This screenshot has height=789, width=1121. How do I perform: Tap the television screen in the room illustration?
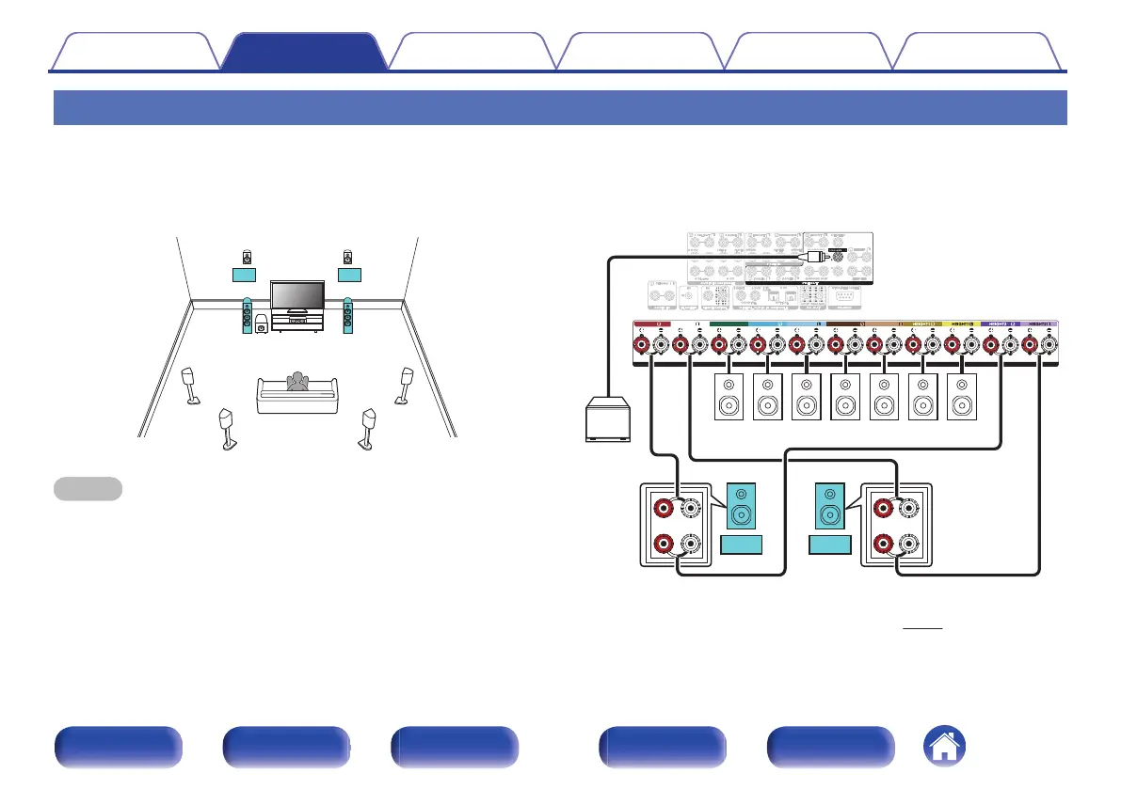pyautogui.click(x=297, y=295)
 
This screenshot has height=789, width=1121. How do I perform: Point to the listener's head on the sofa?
pyautogui.click(x=298, y=380)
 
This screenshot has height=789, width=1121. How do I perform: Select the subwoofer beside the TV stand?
pyautogui.click(x=259, y=329)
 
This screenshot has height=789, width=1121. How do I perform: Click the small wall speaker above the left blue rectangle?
pyautogui.click(x=247, y=256)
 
